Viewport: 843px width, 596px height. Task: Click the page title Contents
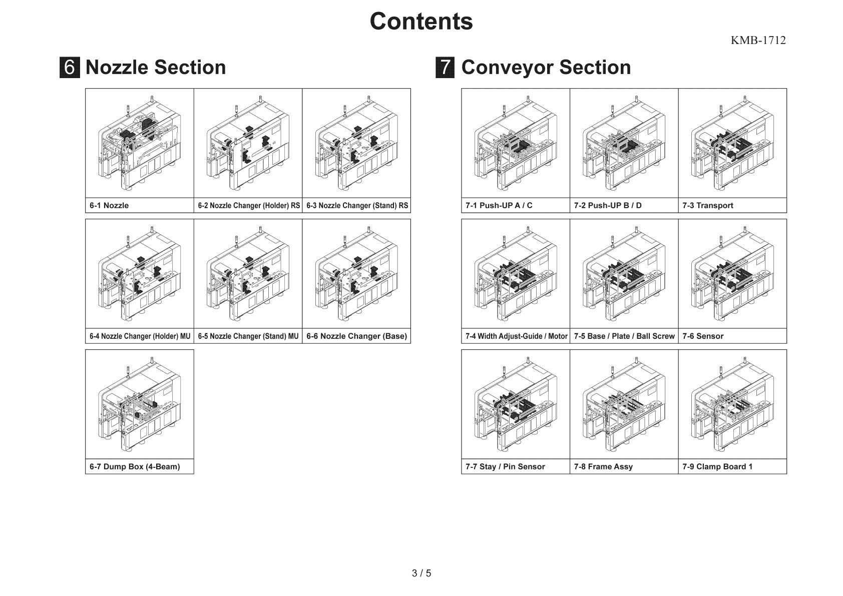point(421,22)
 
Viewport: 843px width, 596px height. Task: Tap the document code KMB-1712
point(758,41)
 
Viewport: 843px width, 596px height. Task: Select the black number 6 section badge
point(70,68)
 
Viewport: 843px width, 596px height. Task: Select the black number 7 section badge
point(445,68)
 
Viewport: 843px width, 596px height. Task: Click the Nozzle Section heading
point(156,68)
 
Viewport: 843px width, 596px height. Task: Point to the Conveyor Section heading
point(546,68)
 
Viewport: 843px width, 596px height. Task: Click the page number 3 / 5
point(421,573)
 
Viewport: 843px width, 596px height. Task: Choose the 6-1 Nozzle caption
point(109,206)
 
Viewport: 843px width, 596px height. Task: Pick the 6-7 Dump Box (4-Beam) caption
point(135,467)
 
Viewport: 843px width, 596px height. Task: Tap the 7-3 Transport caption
point(707,206)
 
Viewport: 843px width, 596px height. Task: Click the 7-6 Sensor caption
point(703,336)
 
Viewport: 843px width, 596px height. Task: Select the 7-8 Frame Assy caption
point(603,467)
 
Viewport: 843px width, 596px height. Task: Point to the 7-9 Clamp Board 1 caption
point(717,467)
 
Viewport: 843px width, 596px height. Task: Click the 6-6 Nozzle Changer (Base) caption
point(356,336)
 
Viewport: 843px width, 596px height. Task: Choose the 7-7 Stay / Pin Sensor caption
point(505,467)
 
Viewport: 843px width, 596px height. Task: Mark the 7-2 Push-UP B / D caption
point(608,206)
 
